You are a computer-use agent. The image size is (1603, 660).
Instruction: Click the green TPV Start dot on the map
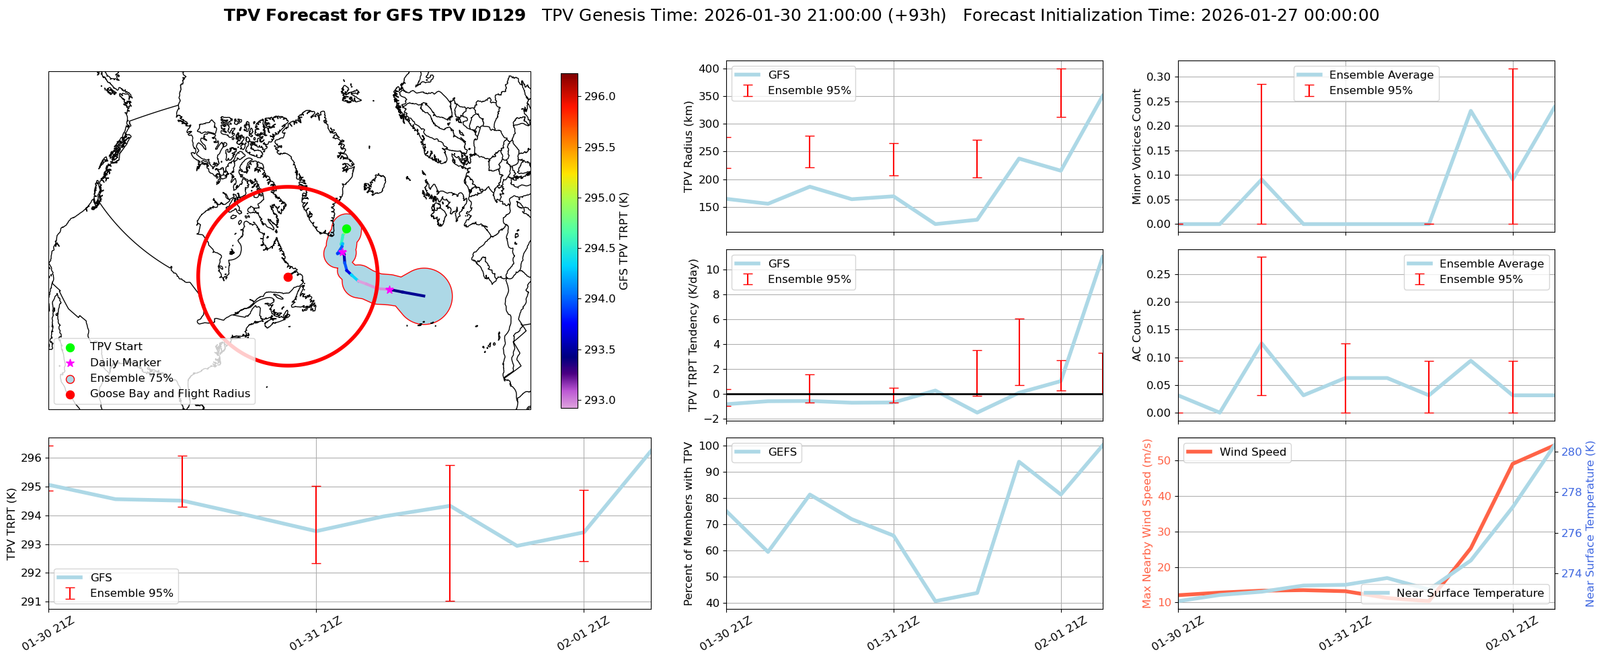click(346, 229)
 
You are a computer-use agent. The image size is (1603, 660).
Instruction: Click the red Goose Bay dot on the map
click(288, 277)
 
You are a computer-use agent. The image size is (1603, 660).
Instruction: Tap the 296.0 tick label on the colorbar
click(599, 96)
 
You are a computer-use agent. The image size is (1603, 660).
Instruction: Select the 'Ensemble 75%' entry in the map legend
click(131, 378)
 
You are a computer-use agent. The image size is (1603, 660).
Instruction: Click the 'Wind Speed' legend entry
click(1252, 452)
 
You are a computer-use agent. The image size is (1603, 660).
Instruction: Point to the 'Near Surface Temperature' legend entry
click(1470, 593)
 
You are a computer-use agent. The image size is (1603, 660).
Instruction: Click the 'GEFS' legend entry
click(782, 452)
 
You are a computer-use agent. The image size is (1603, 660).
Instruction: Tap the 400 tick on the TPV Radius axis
click(709, 69)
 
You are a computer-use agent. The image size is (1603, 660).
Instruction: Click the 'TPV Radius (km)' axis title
click(688, 147)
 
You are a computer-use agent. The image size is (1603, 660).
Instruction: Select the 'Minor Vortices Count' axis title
click(1137, 147)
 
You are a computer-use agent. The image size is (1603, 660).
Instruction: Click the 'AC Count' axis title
click(1137, 335)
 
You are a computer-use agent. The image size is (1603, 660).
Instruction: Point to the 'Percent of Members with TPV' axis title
click(688, 524)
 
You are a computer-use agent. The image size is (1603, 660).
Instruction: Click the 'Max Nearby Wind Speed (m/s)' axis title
click(1147, 524)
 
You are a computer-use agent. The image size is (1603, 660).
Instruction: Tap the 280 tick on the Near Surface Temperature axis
click(1571, 452)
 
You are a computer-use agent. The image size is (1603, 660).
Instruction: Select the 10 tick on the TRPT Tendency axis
click(713, 270)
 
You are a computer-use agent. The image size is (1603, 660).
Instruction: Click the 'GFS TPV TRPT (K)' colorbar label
click(624, 241)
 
